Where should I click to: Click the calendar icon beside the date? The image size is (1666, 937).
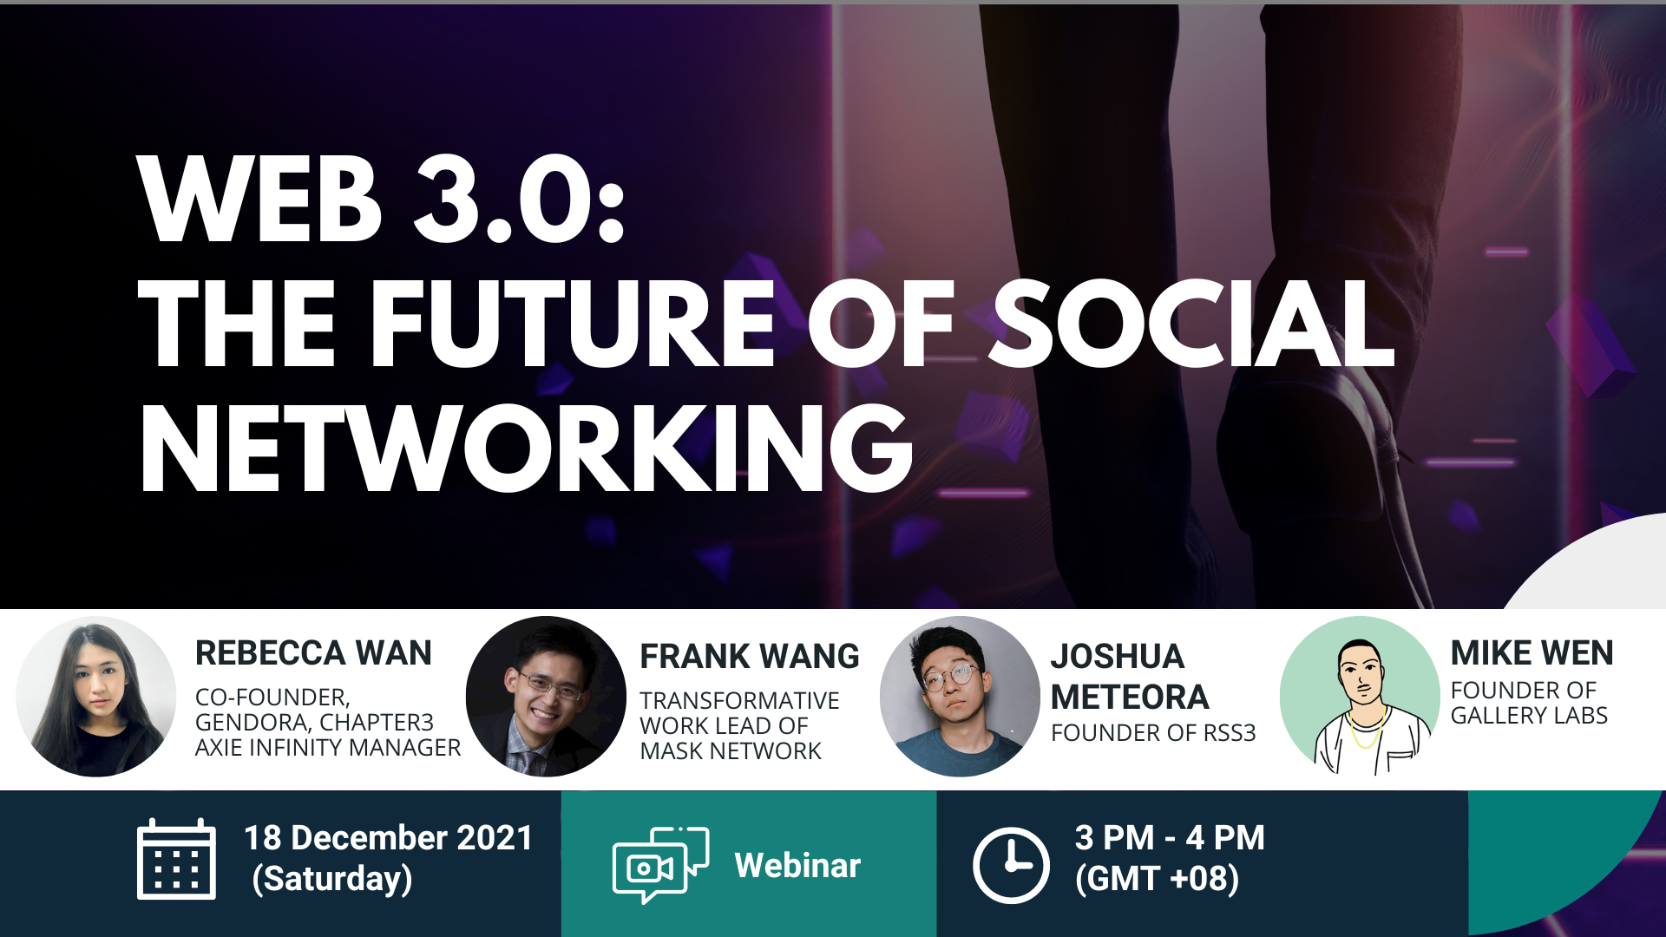[176, 859]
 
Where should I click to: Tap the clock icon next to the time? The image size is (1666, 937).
[1011, 866]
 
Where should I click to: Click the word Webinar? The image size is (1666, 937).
[797, 865]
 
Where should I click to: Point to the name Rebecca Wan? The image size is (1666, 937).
[313, 652]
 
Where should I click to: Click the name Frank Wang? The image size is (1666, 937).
[750, 656]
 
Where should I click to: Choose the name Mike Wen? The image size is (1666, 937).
[1532, 652]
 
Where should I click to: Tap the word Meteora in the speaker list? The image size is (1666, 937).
[1130, 697]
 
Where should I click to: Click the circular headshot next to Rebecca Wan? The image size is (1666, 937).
[96, 697]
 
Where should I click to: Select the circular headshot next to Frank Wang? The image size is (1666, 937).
[546, 697]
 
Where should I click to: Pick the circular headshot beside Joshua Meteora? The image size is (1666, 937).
[960, 697]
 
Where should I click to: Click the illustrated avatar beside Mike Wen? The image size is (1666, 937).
[1360, 697]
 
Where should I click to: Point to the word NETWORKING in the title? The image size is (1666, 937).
[526, 449]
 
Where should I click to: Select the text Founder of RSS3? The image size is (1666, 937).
[1153, 733]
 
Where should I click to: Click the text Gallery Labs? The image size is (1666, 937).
[1529, 716]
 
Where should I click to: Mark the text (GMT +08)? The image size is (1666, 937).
[1157, 879]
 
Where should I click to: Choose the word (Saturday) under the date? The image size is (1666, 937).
[332, 879]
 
